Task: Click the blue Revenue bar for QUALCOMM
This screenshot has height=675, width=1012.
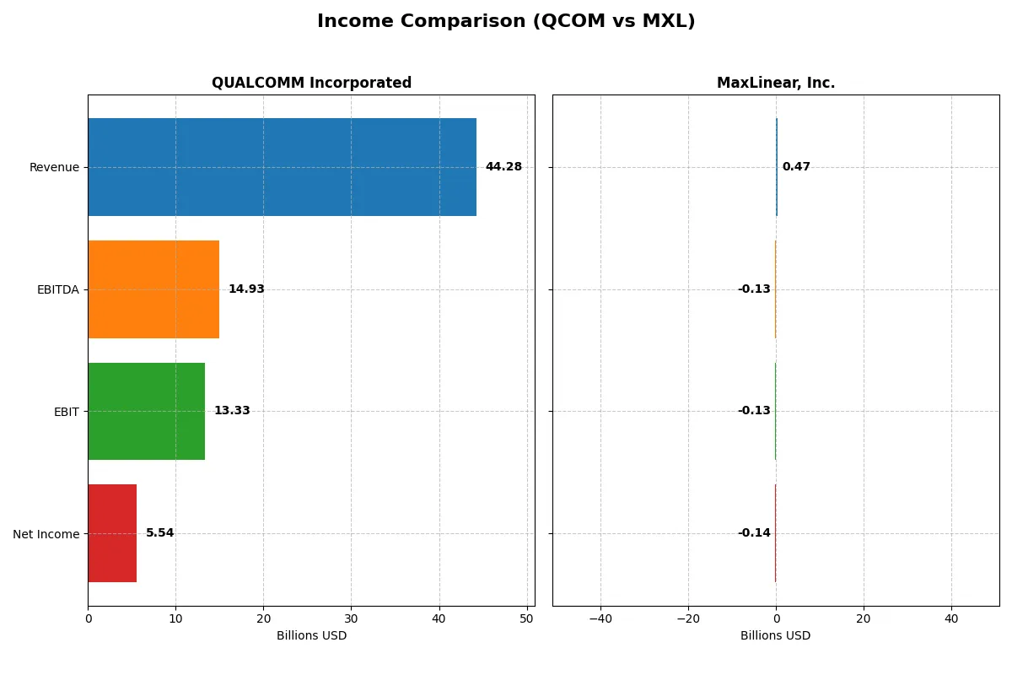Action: (x=282, y=167)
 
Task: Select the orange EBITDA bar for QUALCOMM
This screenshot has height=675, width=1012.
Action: (x=153, y=289)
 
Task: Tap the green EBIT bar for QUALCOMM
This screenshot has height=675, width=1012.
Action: (x=146, y=411)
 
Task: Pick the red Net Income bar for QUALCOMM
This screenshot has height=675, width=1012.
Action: (x=112, y=533)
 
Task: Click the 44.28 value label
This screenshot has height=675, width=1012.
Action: (x=503, y=167)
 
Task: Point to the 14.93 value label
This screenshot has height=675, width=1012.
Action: (x=246, y=289)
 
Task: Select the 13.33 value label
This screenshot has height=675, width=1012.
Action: (x=232, y=411)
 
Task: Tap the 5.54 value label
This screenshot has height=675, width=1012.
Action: (x=159, y=533)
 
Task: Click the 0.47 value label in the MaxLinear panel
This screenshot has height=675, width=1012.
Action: (x=796, y=167)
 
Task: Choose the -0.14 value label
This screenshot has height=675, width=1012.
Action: (x=754, y=533)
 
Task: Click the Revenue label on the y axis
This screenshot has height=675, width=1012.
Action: (x=54, y=167)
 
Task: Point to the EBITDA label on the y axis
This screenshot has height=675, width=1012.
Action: (x=57, y=289)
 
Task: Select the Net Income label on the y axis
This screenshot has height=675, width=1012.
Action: (x=46, y=533)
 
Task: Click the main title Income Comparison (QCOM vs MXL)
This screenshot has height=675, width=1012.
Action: (x=506, y=22)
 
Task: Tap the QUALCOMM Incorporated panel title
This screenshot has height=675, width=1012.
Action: (x=311, y=83)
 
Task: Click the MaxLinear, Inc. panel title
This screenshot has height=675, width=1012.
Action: (x=776, y=83)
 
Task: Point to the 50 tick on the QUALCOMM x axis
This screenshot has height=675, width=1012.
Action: (x=527, y=618)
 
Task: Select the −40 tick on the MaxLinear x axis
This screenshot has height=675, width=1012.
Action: (x=600, y=618)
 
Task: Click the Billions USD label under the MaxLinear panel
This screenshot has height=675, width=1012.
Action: (x=776, y=635)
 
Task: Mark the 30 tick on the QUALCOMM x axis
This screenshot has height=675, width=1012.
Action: (x=352, y=618)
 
